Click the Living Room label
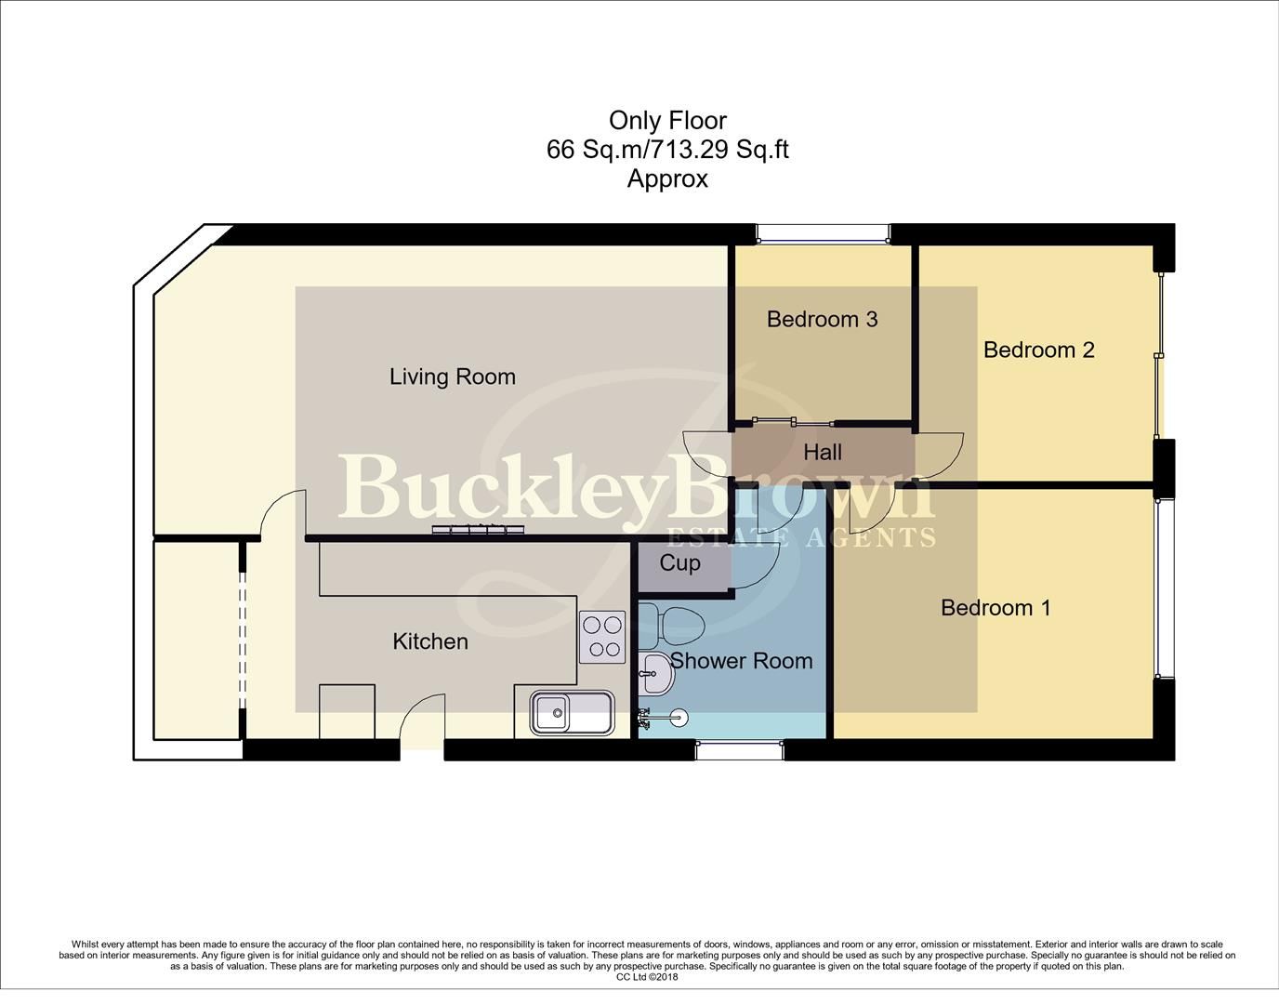pos(452,376)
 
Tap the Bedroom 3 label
pos(822,319)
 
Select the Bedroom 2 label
pos(1038,350)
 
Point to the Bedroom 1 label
pos(996,607)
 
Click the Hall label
pos(823,452)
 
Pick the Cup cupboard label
pos(679,562)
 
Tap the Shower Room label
pos(741,660)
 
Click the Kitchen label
pos(429,641)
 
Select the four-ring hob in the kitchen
pos(602,637)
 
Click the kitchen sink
pos(572,713)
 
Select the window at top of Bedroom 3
pos(822,233)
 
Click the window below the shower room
pos(740,749)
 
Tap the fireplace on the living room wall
pos(477,531)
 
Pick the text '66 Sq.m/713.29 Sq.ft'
pos(666,149)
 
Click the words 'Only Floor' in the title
pos(666,120)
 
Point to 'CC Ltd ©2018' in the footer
pos(647,977)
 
